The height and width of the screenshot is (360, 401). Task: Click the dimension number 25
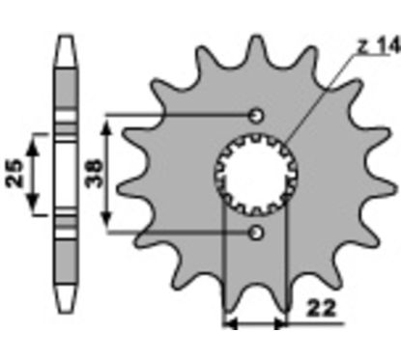14,173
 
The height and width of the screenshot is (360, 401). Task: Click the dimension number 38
94,173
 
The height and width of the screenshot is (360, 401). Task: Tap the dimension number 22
321,309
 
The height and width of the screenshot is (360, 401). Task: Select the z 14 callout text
379,46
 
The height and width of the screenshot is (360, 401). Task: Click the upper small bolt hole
256,116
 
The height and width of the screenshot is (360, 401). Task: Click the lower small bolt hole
256,233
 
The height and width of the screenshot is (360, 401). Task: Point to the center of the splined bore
256,174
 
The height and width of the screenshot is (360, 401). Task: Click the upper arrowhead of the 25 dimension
33,149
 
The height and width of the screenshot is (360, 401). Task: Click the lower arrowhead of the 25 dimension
33,201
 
